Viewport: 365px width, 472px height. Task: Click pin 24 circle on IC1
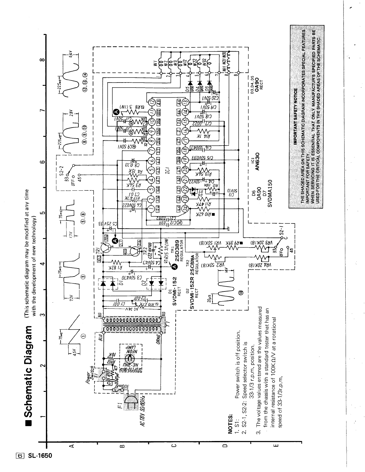(185, 209)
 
